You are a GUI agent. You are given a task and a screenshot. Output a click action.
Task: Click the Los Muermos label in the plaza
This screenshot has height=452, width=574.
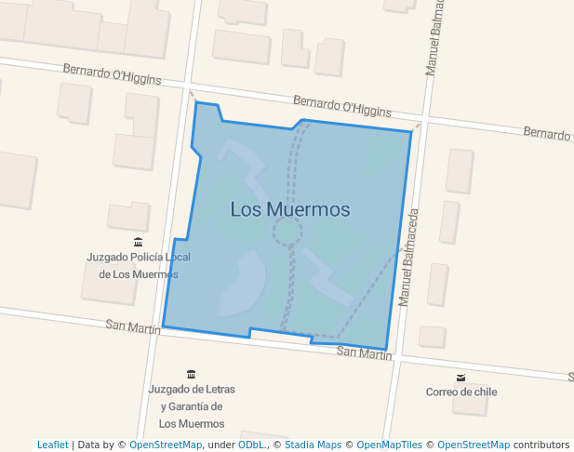point(290,209)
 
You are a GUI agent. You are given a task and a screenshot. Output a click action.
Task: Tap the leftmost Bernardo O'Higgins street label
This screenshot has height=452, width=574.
point(112,74)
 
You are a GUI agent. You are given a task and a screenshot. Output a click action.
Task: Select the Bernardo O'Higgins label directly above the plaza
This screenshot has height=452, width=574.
point(341,105)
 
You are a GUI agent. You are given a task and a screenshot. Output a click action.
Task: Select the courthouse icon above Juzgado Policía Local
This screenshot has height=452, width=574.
point(138,242)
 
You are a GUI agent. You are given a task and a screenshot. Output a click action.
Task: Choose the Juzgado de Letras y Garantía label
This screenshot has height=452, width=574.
point(192,405)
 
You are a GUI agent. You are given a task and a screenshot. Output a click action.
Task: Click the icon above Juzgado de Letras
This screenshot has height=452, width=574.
point(192,374)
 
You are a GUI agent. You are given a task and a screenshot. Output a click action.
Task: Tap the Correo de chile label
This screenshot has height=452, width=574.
point(461,392)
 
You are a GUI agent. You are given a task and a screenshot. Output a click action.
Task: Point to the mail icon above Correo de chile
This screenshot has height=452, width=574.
point(461,377)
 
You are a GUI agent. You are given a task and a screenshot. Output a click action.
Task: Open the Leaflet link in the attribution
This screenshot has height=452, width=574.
point(52,445)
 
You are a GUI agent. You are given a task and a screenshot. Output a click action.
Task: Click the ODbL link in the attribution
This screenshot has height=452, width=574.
point(250,445)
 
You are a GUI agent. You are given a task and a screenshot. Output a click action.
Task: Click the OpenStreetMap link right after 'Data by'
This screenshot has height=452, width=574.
point(166,445)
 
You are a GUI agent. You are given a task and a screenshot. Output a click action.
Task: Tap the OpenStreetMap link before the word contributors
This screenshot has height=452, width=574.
point(474,445)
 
